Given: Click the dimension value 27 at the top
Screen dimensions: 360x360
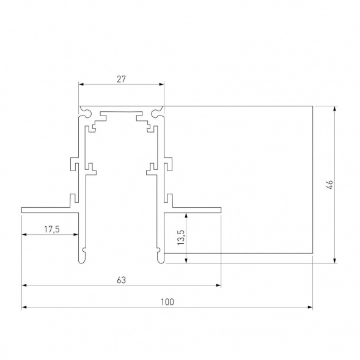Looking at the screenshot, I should [121, 78].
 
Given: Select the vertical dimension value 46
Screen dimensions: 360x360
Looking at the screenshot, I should [329, 185].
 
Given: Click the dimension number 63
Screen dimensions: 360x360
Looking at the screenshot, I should [121, 280].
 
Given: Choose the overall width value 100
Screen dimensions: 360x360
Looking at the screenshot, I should [167, 302].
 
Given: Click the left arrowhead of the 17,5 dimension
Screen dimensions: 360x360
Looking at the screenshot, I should [25, 235].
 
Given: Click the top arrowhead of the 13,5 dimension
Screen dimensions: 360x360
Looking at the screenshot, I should [185, 216].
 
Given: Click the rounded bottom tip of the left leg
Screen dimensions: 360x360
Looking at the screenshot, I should [81, 259].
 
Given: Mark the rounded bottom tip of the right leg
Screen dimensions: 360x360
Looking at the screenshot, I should [161, 259].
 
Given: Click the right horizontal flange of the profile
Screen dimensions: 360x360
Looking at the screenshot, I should [192, 210].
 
